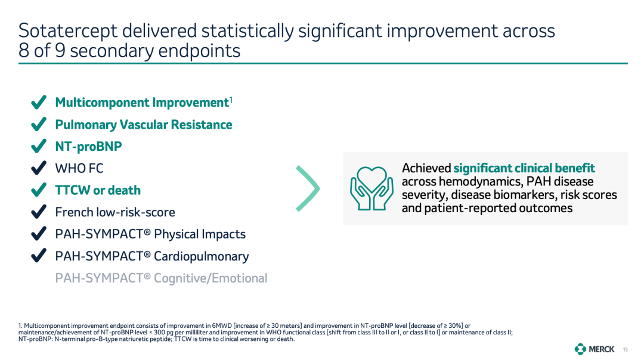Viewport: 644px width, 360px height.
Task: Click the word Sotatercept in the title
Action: (x=68, y=31)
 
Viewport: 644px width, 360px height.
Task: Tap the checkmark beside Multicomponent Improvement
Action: (x=39, y=102)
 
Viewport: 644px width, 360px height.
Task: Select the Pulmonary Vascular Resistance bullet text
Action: (x=144, y=125)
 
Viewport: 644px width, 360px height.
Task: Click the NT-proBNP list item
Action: (x=88, y=147)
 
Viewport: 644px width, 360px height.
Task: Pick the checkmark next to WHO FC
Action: (x=39, y=168)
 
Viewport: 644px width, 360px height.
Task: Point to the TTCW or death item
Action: (x=98, y=191)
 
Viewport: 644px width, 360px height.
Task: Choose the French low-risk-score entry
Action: (x=115, y=212)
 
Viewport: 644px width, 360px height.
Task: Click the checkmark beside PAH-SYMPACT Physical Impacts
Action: (x=39, y=234)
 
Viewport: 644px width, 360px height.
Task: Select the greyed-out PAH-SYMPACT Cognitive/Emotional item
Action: (x=161, y=278)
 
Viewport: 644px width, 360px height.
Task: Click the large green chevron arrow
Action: (x=308, y=188)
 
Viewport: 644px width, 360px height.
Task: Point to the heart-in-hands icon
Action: (x=371, y=188)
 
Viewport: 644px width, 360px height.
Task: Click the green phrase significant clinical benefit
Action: (x=524, y=168)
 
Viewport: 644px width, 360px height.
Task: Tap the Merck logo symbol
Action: (x=580, y=349)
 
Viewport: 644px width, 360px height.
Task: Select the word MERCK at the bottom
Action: (x=602, y=349)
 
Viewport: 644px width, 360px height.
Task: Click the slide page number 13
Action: (x=625, y=350)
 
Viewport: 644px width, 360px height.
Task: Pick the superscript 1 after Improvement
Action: (x=231, y=100)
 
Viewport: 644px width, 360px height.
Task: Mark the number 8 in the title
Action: (x=24, y=51)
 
